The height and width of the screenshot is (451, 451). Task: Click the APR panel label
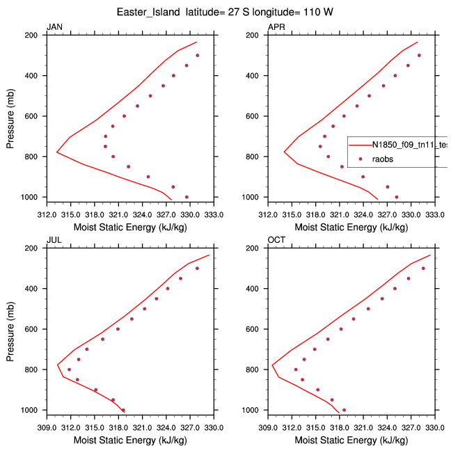[276, 27]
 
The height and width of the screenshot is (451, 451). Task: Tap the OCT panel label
[276, 240]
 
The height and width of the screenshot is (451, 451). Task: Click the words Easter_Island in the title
[145, 11]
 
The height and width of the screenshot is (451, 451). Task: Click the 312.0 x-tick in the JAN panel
[47, 207]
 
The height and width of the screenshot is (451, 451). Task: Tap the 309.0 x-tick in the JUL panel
[47, 420]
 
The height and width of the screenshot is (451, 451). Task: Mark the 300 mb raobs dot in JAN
[197, 56]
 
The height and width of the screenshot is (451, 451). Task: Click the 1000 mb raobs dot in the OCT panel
[344, 410]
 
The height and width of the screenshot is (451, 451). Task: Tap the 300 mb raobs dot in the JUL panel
[197, 269]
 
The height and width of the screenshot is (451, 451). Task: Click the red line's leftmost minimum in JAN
[57, 152]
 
